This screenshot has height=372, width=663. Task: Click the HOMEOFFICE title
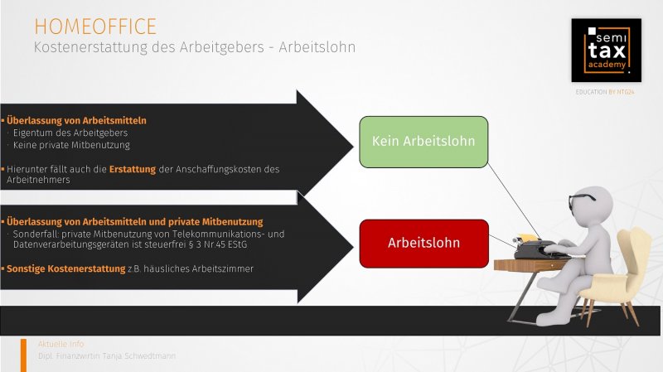point(95,27)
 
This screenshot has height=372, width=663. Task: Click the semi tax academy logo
point(607,51)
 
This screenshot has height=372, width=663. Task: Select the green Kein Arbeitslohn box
point(423,142)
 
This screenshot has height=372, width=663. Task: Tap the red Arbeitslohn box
point(424,244)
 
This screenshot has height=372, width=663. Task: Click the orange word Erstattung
point(133,169)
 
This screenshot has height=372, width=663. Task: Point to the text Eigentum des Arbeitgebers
point(70,133)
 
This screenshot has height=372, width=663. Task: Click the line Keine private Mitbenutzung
point(71,145)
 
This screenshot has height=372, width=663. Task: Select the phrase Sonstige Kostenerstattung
point(66,268)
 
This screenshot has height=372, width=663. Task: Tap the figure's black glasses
point(582,200)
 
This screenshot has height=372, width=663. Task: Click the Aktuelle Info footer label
point(60,344)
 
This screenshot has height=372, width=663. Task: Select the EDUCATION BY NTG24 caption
point(605,92)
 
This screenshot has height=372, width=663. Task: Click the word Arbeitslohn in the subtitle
point(317,47)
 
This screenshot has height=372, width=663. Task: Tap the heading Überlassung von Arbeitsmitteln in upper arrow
point(76,120)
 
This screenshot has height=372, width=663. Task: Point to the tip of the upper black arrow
point(354,147)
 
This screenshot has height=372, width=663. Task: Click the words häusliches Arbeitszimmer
point(198,268)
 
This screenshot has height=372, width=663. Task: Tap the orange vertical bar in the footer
point(23,355)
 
